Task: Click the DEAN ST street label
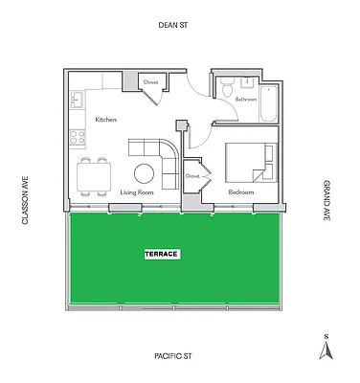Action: pyautogui.click(x=179, y=28)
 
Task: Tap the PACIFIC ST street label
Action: pyautogui.click(x=179, y=355)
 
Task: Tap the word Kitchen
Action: pyautogui.click(x=105, y=119)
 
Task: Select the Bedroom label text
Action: pyautogui.click(x=240, y=192)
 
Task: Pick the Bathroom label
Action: pyautogui.click(x=245, y=99)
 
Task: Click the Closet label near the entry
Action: pyautogui.click(x=150, y=82)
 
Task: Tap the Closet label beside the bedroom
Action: pyautogui.click(x=192, y=176)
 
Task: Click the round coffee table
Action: pyautogui.click(x=146, y=173)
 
